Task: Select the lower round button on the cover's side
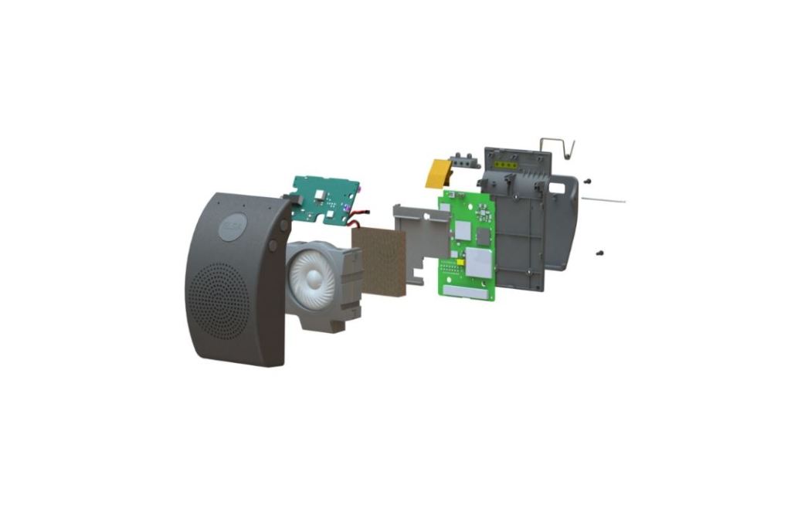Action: tap(272, 245)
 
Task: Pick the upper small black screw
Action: tap(589, 180)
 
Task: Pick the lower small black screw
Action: tap(599, 252)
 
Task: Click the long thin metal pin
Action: tap(603, 200)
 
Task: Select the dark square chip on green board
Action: tap(483, 236)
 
